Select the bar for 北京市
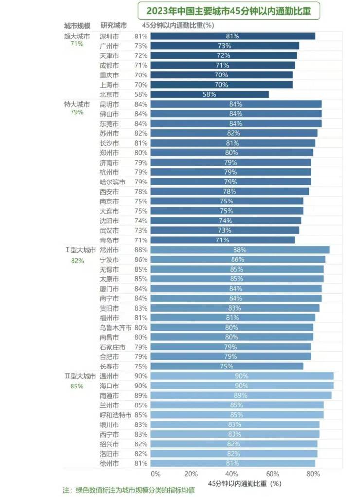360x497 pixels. click(209, 94)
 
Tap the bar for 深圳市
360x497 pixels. click(233, 36)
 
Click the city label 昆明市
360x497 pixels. click(109, 104)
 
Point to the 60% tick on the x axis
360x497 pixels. click(272, 474)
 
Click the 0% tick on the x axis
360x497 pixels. click(155, 474)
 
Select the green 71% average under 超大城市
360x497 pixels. click(77, 44)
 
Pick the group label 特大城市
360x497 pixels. click(77, 104)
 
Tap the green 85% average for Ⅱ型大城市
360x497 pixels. click(77, 386)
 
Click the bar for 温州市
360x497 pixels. click(242, 376)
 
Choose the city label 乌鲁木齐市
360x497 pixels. click(115, 328)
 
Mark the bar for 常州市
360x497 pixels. click(240, 250)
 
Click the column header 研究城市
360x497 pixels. click(114, 25)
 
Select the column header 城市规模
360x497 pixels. click(77, 25)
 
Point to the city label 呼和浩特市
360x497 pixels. click(115, 415)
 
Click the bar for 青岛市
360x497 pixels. click(222, 240)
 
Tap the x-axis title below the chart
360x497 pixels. click(245, 484)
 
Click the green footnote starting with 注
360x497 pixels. click(129, 490)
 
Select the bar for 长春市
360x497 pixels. click(227, 366)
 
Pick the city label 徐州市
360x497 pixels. click(109, 463)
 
